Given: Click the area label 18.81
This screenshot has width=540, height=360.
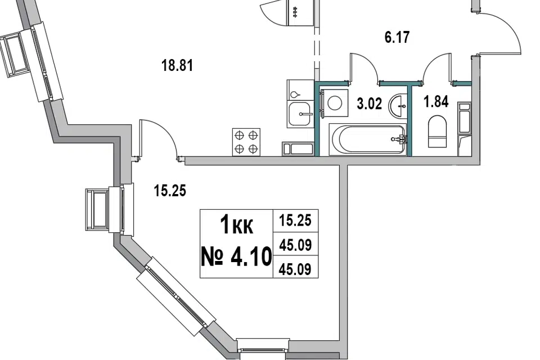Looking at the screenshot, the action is point(177,65).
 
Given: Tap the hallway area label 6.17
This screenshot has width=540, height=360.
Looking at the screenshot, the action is point(397,37).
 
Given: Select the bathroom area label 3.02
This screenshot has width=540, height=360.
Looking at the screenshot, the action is point(369,103).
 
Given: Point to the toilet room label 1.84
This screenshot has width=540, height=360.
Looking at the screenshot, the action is point(436,102).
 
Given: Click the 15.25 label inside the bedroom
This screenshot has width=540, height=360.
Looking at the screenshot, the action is point(170,191).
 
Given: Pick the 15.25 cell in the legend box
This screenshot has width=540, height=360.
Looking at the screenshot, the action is point(295,220).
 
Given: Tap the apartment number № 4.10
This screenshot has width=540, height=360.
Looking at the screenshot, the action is point(236,257).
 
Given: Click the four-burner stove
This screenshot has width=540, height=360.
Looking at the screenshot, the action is point(246,142).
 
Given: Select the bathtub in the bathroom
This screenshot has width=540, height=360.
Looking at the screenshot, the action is point(368,139).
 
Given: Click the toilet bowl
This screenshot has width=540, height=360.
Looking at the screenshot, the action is point(438,132).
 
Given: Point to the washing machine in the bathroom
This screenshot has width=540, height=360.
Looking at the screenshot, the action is point(334,103).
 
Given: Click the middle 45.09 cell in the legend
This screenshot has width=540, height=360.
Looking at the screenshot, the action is point(295,244).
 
